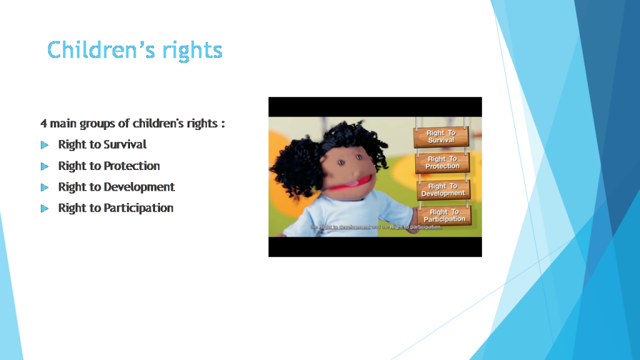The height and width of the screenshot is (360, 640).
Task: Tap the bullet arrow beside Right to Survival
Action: (x=44, y=145)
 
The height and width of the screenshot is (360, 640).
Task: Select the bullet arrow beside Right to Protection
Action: (x=44, y=166)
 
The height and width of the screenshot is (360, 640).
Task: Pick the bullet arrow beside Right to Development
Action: (x=44, y=187)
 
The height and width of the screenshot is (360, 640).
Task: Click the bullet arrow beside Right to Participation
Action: (x=44, y=208)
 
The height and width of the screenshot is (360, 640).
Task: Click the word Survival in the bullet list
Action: (x=125, y=144)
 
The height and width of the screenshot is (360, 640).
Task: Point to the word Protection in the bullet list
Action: (x=132, y=166)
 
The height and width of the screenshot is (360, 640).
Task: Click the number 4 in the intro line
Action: (x=44, y=123)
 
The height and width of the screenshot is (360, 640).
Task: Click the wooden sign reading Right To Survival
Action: (x=441, y=137)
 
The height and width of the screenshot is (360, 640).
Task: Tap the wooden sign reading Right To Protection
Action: (x=442, y=162)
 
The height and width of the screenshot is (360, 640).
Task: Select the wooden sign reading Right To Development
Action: (x=442, y=190)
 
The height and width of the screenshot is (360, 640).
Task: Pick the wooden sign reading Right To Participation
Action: (x=444, y=216)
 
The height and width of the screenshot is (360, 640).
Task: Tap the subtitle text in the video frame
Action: (x=376, y=227)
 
